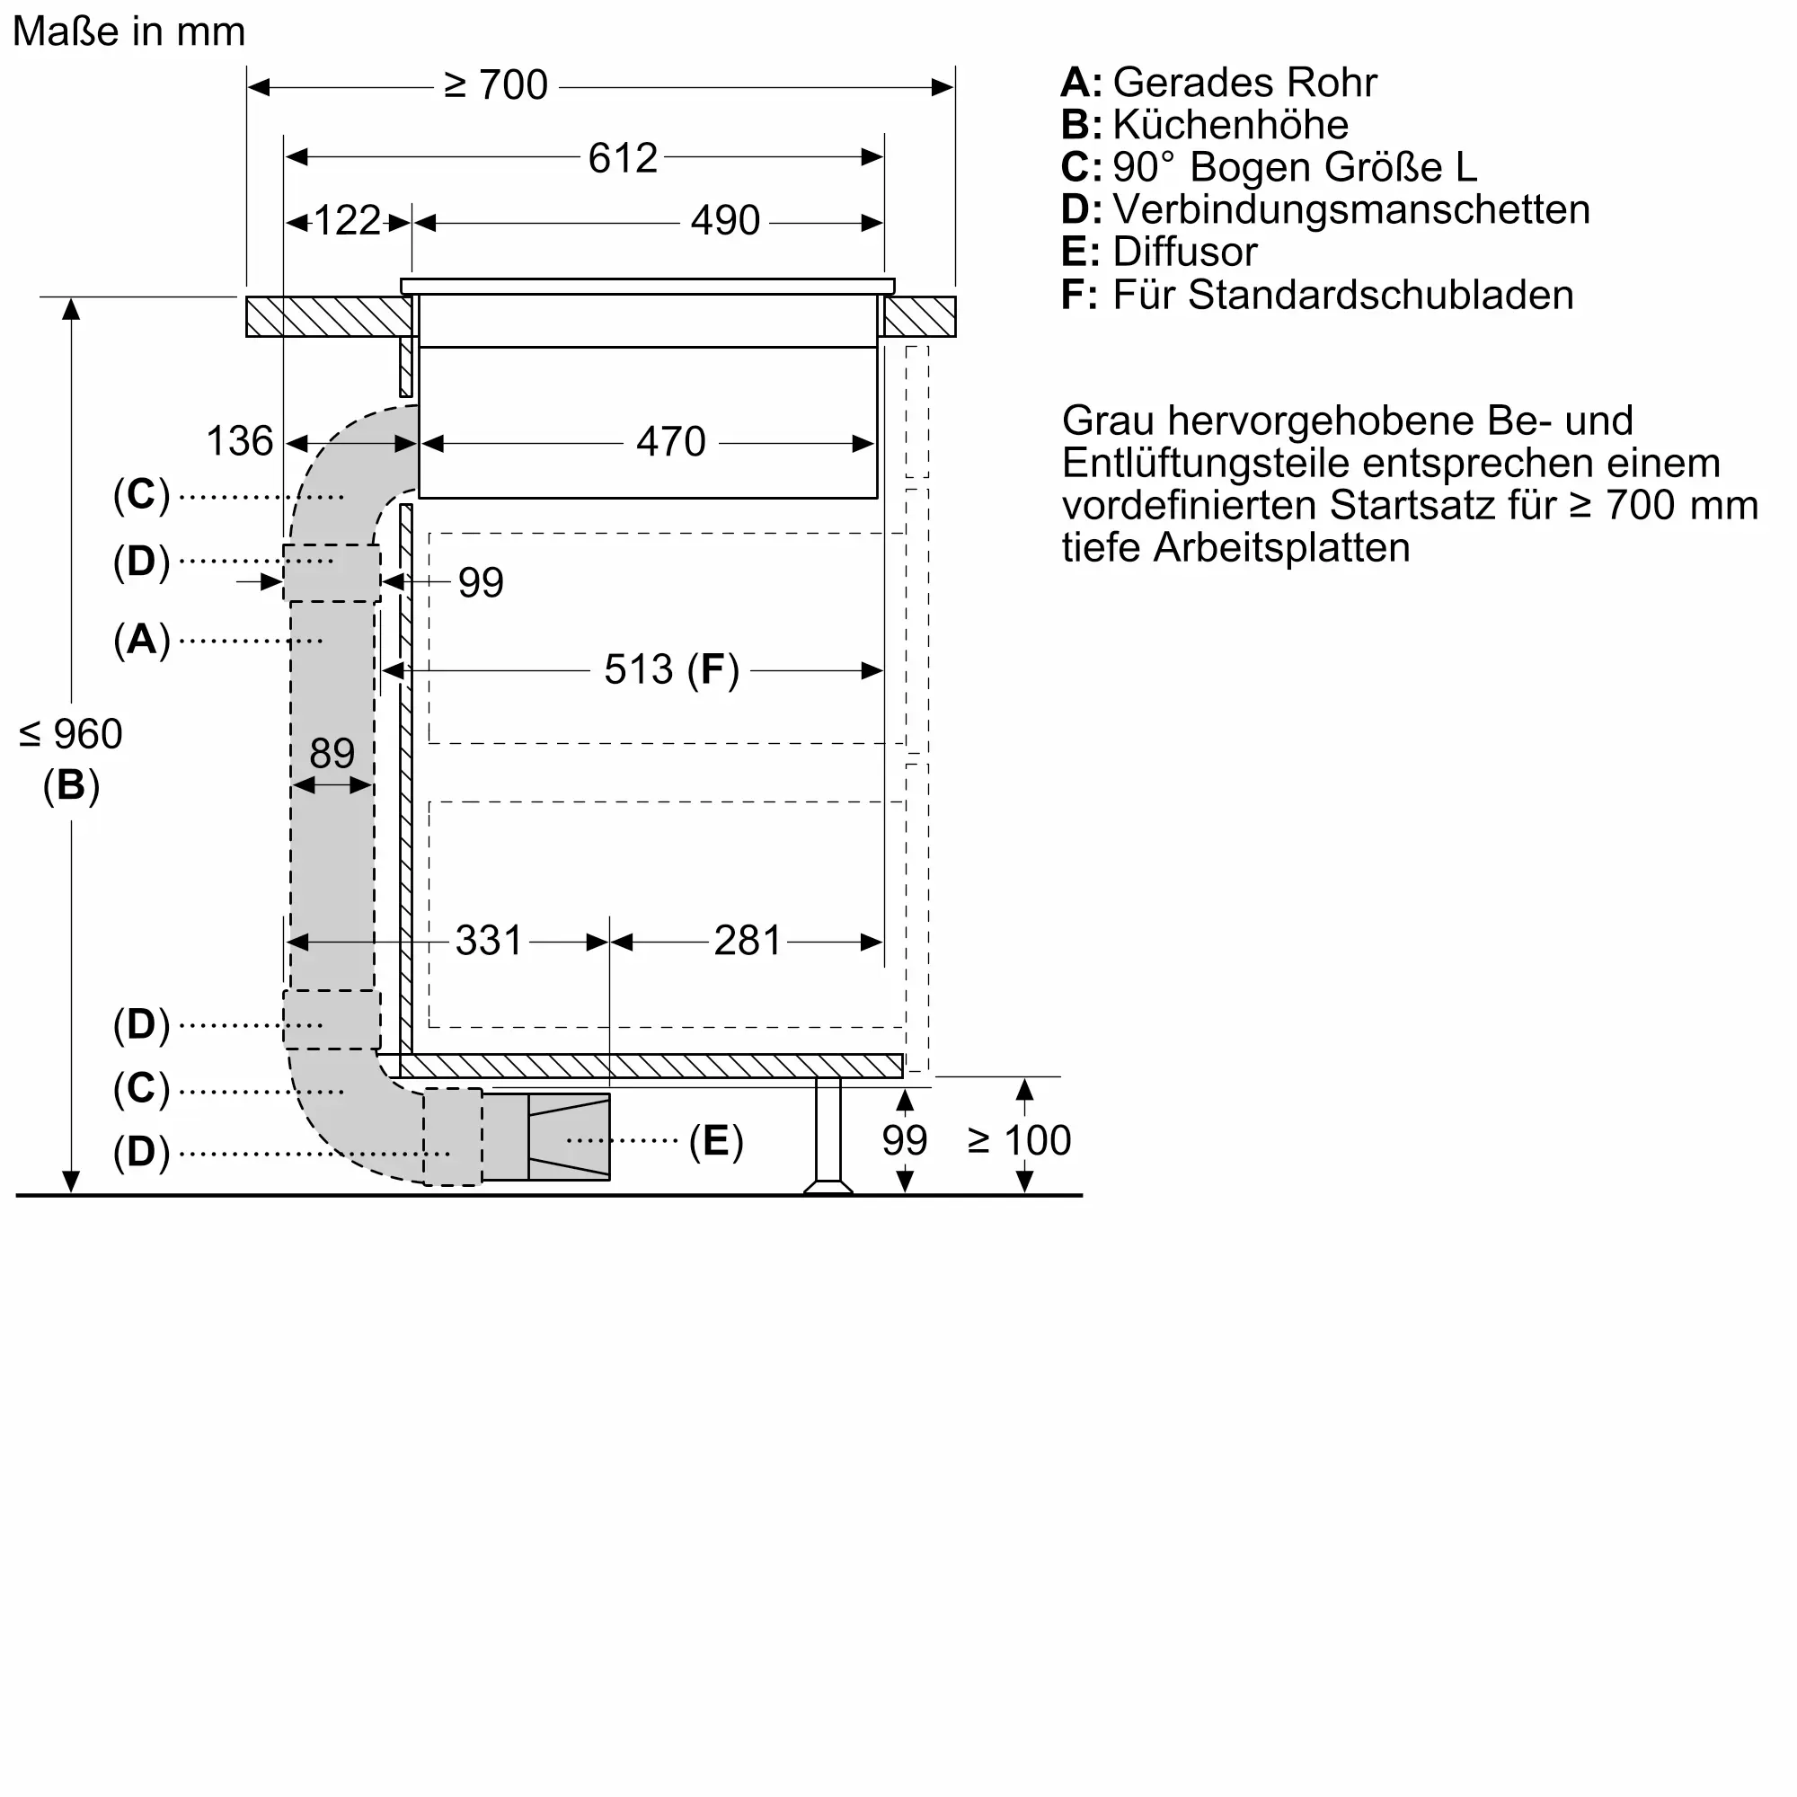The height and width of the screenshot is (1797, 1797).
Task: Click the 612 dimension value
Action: point(623,158)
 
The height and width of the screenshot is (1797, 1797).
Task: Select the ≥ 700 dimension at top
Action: point(496,85)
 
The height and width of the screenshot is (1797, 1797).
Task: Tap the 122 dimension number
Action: point(347,221)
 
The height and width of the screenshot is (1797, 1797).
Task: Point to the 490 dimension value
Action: point(724,221)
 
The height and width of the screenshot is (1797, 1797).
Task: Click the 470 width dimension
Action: point(670,442)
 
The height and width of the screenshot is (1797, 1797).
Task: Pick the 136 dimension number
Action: point(239,442)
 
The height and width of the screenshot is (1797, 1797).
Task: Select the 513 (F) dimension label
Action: point(670,669)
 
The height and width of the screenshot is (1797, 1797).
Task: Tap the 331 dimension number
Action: point(490,942)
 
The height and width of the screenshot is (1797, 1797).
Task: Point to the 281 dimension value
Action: point(747,942)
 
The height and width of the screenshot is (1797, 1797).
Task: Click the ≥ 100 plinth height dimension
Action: point(1020,1140)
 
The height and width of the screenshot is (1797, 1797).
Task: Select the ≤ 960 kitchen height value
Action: point(71,735)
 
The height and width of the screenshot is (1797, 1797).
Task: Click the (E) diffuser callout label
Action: point(715,1140)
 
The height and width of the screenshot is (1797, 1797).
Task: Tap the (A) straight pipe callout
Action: point(141,640)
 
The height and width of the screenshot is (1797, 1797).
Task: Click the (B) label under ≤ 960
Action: point(71,785)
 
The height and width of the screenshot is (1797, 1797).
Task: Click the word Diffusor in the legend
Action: point(1184,252)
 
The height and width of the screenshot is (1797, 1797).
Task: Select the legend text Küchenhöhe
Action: point(1230,125)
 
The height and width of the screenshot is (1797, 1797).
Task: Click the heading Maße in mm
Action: point(129,31)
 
